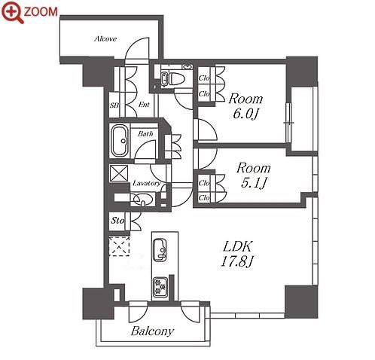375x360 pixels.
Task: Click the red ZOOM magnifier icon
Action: tap(13, 12)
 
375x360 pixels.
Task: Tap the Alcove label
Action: tap(105, 39)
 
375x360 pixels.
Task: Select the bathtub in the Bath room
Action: tap(120, 141)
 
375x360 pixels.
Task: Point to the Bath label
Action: tap(145, 134)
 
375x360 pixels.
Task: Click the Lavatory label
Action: tap(147, 184)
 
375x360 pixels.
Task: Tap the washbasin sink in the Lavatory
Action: tap(143, 200)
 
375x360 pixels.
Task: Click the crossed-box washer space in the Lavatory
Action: tap(119, 173)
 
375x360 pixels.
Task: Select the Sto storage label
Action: tap(118, 221)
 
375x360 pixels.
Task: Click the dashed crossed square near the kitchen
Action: tap(119, 246)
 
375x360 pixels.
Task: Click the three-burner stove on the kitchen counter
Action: tap(160, 287)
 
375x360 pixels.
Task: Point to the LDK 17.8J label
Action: tap(237, 254)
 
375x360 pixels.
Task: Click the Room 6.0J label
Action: tap(245, 106)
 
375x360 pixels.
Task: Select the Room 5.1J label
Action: tap(253, 175)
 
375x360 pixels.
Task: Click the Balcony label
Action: tap(152, 331)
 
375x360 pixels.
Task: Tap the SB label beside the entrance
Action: tap(114, 105)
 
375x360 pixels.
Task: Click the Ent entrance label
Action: tap(144, 105)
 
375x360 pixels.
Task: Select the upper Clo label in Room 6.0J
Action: tap(204, 78)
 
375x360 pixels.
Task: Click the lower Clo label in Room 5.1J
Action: tap(204, 198)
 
